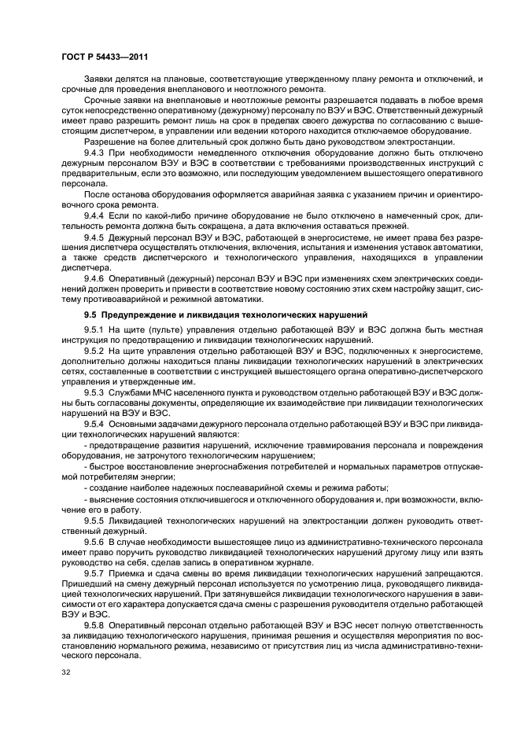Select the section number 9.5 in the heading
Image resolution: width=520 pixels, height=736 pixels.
tap(90, 313)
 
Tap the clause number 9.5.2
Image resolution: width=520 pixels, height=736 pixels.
tap(94, 353)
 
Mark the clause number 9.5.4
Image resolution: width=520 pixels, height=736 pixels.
tap(94, 425)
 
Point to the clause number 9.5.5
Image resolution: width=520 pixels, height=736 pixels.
tap(94, 520)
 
